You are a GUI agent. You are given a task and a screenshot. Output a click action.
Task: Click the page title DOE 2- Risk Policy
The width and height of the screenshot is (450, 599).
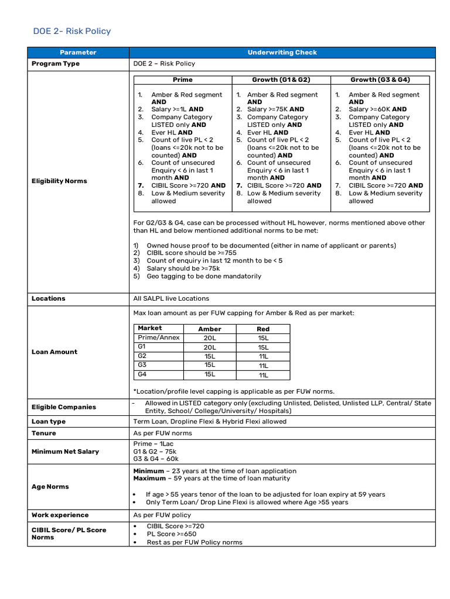click(71, 31)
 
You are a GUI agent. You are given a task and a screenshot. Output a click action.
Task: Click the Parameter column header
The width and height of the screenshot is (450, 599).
click(78, 53)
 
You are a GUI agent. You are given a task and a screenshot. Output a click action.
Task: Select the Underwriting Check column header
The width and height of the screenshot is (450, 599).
click(282, 53)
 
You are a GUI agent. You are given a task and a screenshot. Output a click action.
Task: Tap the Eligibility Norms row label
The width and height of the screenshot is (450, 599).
click(59, 181)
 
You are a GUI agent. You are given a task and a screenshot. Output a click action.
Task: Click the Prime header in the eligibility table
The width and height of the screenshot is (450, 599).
click(182, 80)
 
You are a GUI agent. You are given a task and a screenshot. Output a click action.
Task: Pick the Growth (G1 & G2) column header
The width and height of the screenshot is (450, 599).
click(281, 80)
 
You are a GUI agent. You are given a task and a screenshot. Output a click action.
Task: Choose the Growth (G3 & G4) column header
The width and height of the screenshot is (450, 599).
click(380, 80)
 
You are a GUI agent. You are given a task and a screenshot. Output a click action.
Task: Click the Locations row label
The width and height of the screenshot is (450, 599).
click(49, 298)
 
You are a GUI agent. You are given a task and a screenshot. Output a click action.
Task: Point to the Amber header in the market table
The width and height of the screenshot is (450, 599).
click(210, 329)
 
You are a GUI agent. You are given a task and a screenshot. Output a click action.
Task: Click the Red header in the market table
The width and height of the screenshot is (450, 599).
click(263, 329)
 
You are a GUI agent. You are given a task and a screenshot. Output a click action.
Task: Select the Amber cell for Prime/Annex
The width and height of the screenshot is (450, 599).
click(210, 338)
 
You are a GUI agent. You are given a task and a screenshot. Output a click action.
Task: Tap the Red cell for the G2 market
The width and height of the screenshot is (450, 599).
click(263, 356)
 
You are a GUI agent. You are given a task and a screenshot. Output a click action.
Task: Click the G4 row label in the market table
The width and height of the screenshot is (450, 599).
click(142, 374)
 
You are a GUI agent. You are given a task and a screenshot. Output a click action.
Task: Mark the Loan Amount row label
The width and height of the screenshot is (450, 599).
click(54, 352)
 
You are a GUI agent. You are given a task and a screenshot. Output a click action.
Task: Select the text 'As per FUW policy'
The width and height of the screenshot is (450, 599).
click(162, 515)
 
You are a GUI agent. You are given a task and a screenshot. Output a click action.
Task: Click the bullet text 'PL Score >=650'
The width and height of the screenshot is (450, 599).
click(172, 534)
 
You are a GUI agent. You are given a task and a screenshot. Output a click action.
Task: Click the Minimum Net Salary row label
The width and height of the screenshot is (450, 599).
click(65, 451)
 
